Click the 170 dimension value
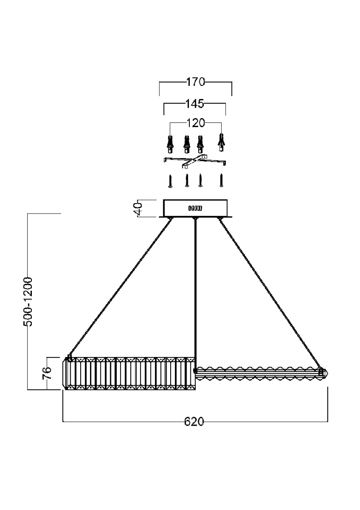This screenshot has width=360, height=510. tap(195, 82)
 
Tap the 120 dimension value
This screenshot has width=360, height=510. tap(195, 123)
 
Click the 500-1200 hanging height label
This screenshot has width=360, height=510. tap(28, 301)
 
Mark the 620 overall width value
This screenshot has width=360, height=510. tap(194, 422)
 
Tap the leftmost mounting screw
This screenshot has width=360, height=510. tap(171, 181)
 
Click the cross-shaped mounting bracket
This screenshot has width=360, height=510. tap(195, 161)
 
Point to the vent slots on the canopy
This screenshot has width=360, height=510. tap(195, 208)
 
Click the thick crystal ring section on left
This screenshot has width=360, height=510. tap(129, 373)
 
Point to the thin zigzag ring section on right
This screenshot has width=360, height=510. tap(258, 373)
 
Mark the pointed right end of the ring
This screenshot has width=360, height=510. tap(326, 373)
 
